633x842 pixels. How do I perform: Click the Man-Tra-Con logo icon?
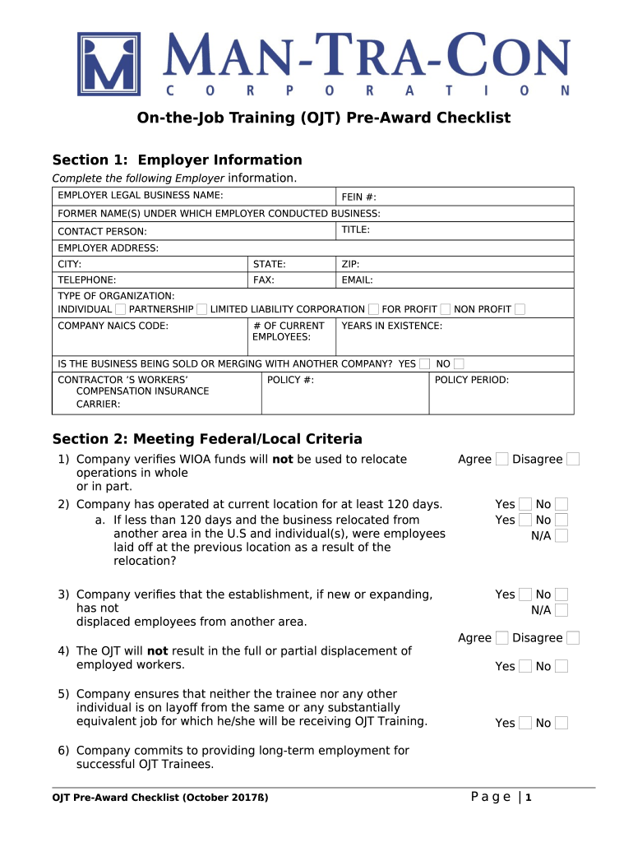click(x=109, y=64)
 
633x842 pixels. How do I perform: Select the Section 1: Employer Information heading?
click(x=177, y=160)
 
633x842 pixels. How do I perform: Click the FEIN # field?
click(x=455, y=197)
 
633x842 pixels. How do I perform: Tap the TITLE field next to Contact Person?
click(x=455, y=230)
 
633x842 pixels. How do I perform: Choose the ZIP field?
click(x=455, y=264)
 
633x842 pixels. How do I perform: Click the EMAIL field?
click(x=455, y=280)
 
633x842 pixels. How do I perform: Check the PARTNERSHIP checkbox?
click(x=201, y=309)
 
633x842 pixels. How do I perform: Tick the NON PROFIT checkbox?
click(x=520, y=309)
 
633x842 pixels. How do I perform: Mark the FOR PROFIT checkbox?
click(x=445, y=309)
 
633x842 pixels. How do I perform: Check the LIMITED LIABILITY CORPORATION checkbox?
click(x=373, y=309)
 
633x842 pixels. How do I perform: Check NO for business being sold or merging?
click(x=459, y=363)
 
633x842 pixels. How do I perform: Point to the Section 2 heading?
click(x=207, y=439)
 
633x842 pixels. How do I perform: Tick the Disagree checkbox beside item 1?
click(x=573, y=459)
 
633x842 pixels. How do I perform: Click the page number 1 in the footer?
click(x=529, y=797)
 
